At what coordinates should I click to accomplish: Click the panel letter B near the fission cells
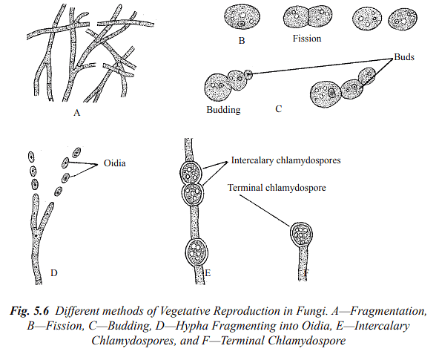pos(242,41)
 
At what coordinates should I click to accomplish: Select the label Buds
pos(405,56)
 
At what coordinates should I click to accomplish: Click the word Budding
pos(223,110)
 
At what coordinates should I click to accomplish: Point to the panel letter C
pos(278,109)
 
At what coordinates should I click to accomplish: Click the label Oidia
pos(114,163)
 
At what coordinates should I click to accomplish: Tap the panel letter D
pos(54,273)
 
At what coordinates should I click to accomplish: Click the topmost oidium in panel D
pos(30,157)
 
